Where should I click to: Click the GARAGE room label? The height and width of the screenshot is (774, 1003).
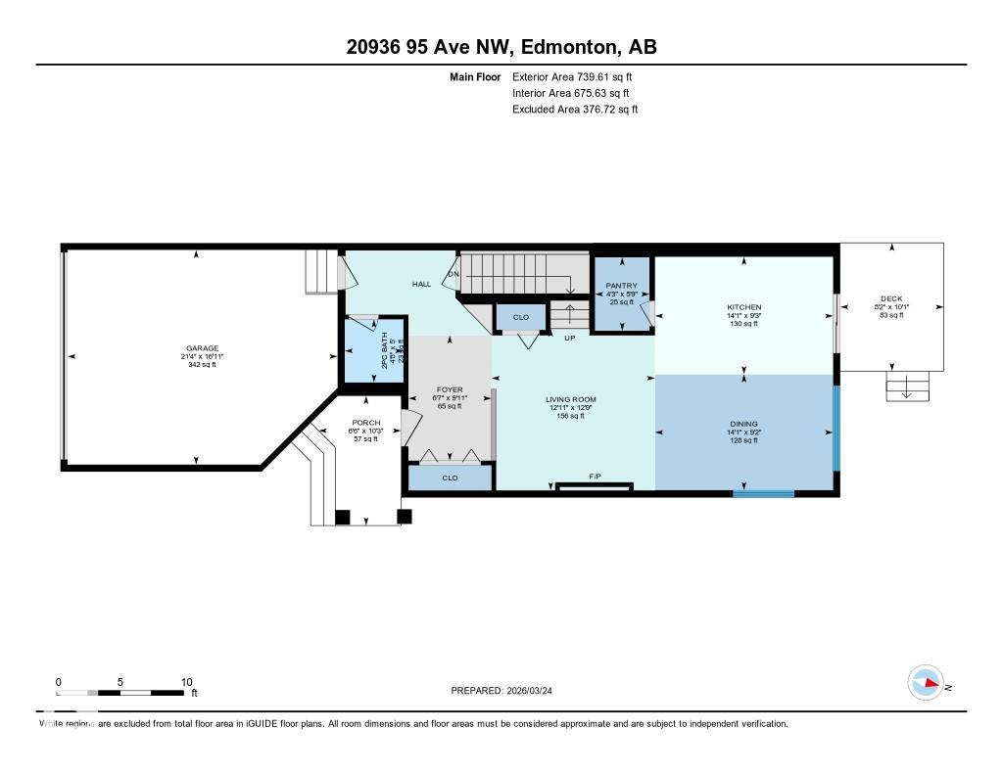[203, 348]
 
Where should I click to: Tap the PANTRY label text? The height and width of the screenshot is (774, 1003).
[621, 286]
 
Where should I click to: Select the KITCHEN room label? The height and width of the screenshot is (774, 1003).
[744, 307]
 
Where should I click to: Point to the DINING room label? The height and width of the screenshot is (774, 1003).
[744, 424]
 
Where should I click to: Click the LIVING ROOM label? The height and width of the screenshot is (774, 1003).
[570, 399]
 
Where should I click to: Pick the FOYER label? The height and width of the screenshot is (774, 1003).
[449, 390]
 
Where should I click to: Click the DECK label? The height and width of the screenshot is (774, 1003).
[891, 299]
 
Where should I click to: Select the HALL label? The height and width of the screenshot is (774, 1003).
[421, 284]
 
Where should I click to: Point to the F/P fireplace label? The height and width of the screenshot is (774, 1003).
[594, 477]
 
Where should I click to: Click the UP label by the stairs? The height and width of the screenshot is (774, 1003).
[569, 339]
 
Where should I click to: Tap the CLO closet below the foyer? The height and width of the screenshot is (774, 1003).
[450, 478]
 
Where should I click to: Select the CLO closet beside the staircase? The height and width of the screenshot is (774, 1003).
[520, 317]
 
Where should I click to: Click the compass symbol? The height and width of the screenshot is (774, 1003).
[926, 683]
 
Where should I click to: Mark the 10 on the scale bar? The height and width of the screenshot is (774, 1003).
[186, 682]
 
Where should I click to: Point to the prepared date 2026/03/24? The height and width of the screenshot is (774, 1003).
[535, 690]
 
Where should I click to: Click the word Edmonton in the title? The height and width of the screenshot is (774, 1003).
[567, 48]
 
